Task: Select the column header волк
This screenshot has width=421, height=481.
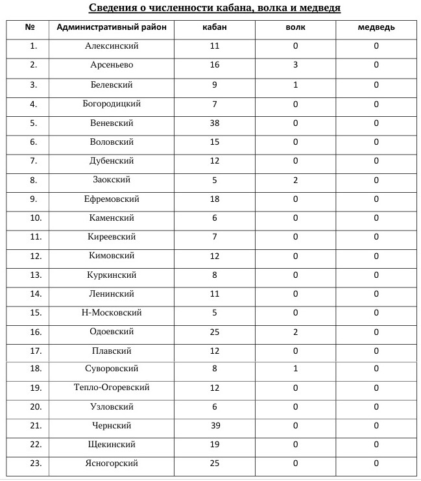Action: coord(295,27)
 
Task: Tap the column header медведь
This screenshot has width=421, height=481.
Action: coord(376,27)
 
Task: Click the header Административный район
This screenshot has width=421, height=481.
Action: coord(112,27)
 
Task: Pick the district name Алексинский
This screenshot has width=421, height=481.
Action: coord(112,46)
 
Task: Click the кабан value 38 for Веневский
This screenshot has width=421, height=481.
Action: coord(215,123)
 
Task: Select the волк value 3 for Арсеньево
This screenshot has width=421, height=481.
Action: coord(295,65)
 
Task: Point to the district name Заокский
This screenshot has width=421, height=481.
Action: coord(112,180)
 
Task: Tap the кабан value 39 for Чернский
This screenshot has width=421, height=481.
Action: coord(215,425)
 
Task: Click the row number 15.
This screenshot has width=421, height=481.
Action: coord(34,313)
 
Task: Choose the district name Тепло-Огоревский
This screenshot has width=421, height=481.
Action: coord(112,388)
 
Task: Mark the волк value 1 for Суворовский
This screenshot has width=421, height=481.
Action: coord(295,369)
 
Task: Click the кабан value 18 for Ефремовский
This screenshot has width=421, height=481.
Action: coord(215,199)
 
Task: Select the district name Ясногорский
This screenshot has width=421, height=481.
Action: coord(112,463)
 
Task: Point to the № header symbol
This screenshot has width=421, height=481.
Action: coord(29,27)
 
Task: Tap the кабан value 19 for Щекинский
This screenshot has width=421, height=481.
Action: coord(215,445)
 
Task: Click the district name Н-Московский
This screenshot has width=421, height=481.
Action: coord(112,313)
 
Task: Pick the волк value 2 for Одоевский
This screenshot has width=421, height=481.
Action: coord(295,332)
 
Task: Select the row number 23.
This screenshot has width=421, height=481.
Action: coord(34,463)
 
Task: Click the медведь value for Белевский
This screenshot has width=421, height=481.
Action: coord(376,85)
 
